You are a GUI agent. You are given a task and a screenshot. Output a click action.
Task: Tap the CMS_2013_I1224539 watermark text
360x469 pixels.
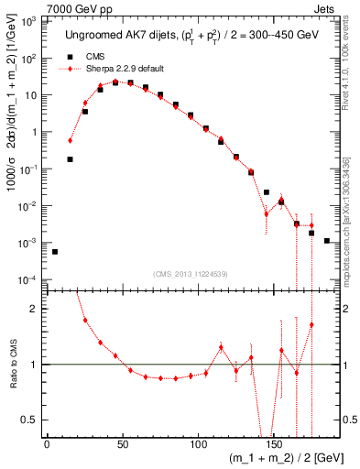193,275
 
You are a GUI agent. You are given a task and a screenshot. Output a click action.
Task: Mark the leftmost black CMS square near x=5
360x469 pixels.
55,252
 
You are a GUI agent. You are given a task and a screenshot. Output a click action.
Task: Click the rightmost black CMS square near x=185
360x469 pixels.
327,241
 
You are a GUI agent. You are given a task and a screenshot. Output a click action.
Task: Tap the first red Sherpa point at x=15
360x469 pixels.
70,140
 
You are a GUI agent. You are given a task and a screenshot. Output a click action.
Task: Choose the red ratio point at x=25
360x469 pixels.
85,320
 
